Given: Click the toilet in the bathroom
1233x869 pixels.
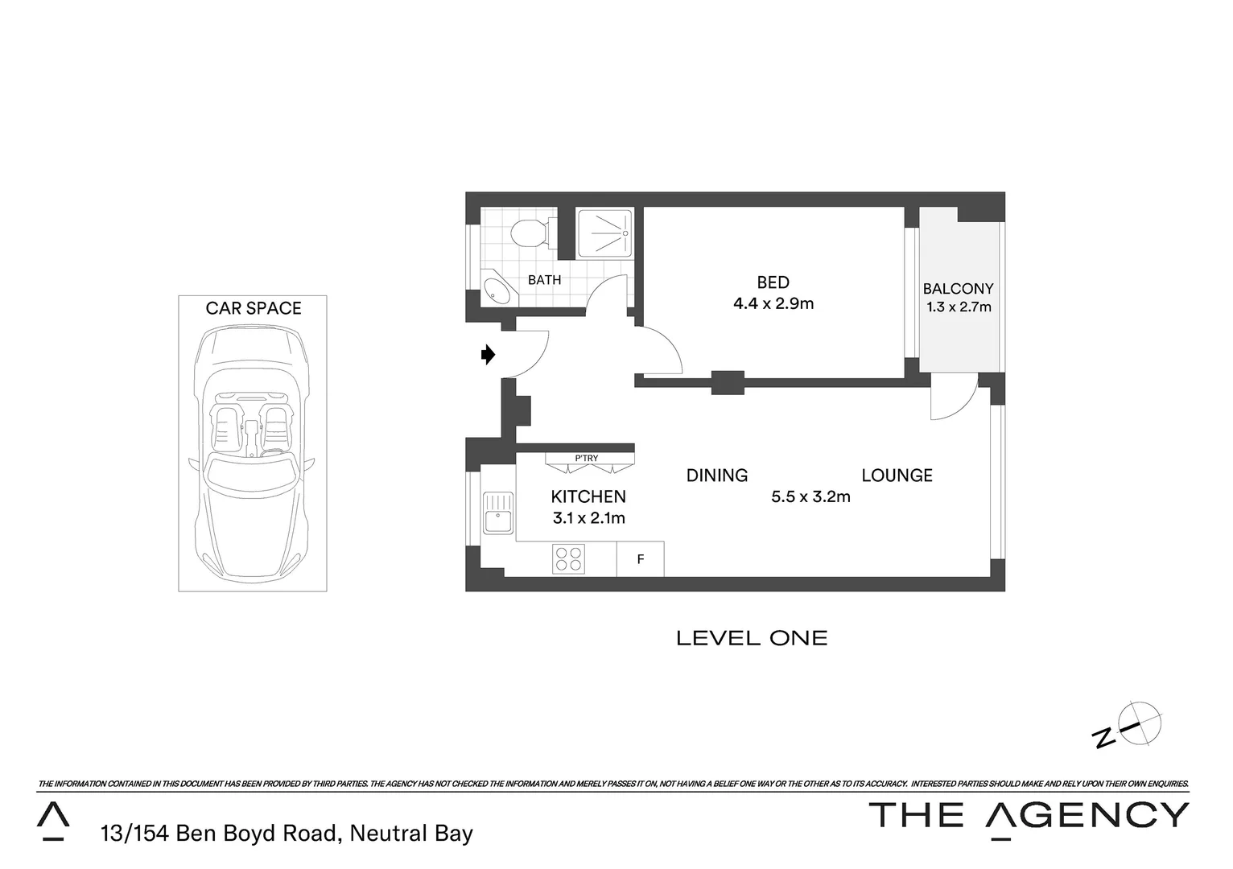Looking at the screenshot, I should pyautogui.click(x=528, y=233).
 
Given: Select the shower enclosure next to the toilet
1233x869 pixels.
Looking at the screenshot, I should pyautogui.click(x=605, y=233).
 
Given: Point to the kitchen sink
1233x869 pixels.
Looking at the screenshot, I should pyautogui.click(x=497, y=513).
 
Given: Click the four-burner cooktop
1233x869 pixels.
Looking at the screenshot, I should pyautogui.click(x=568, y=558).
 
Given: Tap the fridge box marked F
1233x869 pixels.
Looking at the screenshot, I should pyautogui.click(x=641, y=558).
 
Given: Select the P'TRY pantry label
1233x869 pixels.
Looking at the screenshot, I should pyautogui.click(x=587, y=459).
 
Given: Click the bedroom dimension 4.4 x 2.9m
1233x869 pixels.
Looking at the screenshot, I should pyautogui.click(x=773, y=304).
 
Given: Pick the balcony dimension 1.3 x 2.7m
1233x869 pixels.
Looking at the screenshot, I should pyautogui.click(x=959, y=307).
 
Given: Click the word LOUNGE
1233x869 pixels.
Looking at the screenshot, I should pyautogui.click(x=897, y=476).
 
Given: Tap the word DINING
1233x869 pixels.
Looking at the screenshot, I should pyautogui.click(x=716, y=476).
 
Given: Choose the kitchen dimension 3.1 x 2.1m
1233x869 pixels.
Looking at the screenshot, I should pyautogui.click(x=588, y=518).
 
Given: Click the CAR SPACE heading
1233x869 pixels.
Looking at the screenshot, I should pyautogui.click(x=254, y=308).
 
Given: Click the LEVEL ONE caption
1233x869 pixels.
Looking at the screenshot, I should pyautogui.click(x=752, y=638).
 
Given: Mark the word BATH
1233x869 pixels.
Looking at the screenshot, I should pyautogui.click(x=544, y=280).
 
